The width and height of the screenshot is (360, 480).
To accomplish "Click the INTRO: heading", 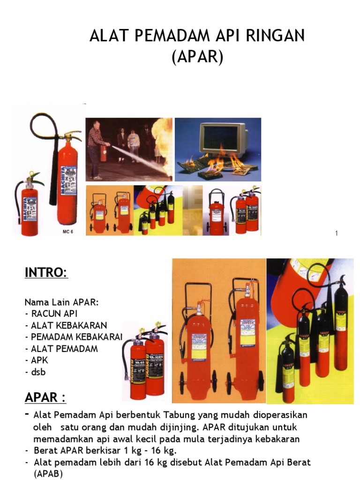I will point(46,272).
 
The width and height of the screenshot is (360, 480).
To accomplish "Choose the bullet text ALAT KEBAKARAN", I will point(69,325).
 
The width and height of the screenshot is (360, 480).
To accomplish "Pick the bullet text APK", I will point(39,360).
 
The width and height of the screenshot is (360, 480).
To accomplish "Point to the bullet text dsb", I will point(38,372).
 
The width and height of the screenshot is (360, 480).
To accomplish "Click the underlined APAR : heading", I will point(45,397).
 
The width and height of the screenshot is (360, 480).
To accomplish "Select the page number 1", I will point(337,233).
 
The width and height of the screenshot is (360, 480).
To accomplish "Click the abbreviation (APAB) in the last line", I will point(48,473).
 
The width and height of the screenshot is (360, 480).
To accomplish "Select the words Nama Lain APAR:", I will point(61,302).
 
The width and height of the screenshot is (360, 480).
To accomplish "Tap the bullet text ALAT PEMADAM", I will point(64,349).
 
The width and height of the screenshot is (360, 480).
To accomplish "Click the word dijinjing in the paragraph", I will point(180,427).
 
